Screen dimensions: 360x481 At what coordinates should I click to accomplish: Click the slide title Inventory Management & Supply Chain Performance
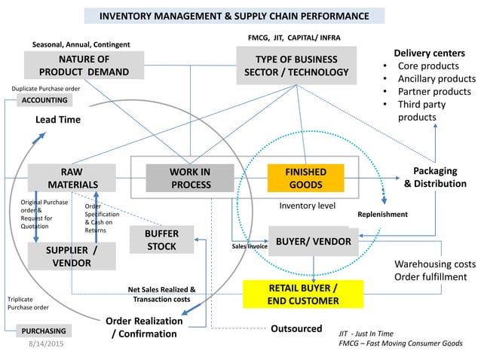pos(234,16)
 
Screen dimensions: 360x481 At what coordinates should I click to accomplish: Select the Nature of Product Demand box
pos(84,66)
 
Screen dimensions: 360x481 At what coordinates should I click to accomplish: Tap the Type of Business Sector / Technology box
pos(296,66)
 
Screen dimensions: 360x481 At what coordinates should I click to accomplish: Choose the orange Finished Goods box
pos(305,178)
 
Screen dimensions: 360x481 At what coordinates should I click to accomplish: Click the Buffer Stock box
pos(161,239)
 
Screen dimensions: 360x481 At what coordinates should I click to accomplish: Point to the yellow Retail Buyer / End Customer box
pos(303,294)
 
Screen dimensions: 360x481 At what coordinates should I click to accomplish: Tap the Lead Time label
pos(58,119)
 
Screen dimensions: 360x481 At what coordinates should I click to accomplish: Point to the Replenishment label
pos(382,215)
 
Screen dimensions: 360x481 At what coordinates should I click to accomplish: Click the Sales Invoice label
pos(249,246)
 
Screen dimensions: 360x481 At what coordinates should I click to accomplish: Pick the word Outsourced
pos(296,329)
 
